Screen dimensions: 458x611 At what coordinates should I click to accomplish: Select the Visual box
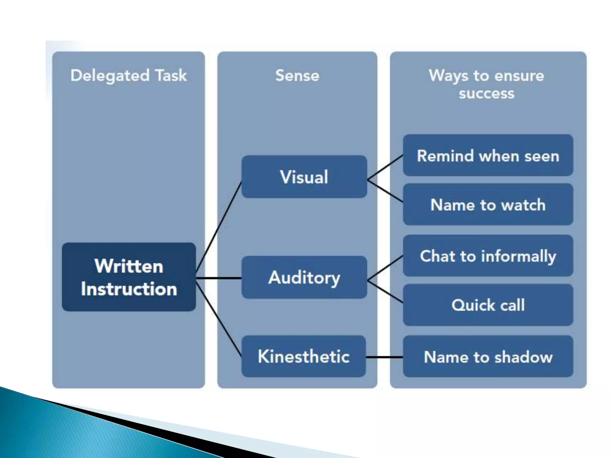[x=304, y=177]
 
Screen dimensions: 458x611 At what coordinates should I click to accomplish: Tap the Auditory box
[x=304, y=277]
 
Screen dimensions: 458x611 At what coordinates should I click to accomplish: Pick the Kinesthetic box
[x=303, y=356]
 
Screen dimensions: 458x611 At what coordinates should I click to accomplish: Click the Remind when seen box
[x=488, y=155]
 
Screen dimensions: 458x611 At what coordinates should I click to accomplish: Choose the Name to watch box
[x=488, y=205]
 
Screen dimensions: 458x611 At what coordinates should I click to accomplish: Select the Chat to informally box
[x=488, y=256]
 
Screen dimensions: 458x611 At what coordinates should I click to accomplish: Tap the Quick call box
[x=488, y=305]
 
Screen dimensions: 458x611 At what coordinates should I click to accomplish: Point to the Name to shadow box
[x=488, y=357]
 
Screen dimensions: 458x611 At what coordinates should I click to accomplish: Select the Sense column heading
[x=297, y=75]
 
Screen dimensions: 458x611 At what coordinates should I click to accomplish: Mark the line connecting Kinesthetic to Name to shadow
[x=384, y=357]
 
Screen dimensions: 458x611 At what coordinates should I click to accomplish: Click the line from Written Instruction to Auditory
[x=219, y=278]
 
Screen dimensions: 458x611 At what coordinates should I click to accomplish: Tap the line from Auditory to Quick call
[x=385, y=292]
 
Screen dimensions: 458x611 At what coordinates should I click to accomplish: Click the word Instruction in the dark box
[x=129, y=289]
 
